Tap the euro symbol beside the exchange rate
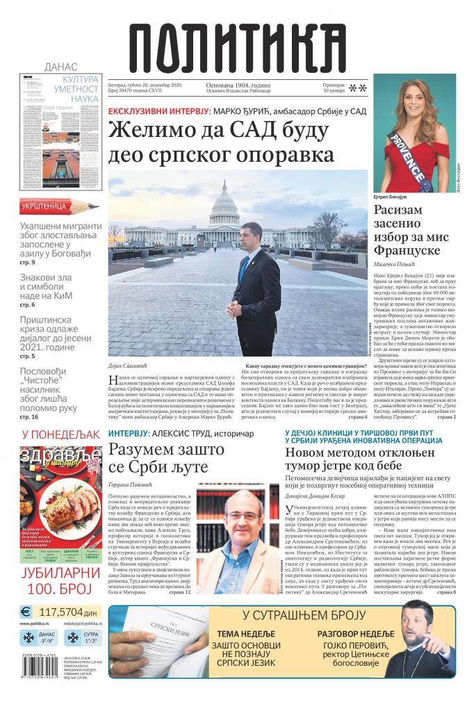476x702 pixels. (26, 612)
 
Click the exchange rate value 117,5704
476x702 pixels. (69, 612)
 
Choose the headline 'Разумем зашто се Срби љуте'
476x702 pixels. (167, 458)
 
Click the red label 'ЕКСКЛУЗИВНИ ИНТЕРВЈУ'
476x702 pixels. (158, 111)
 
